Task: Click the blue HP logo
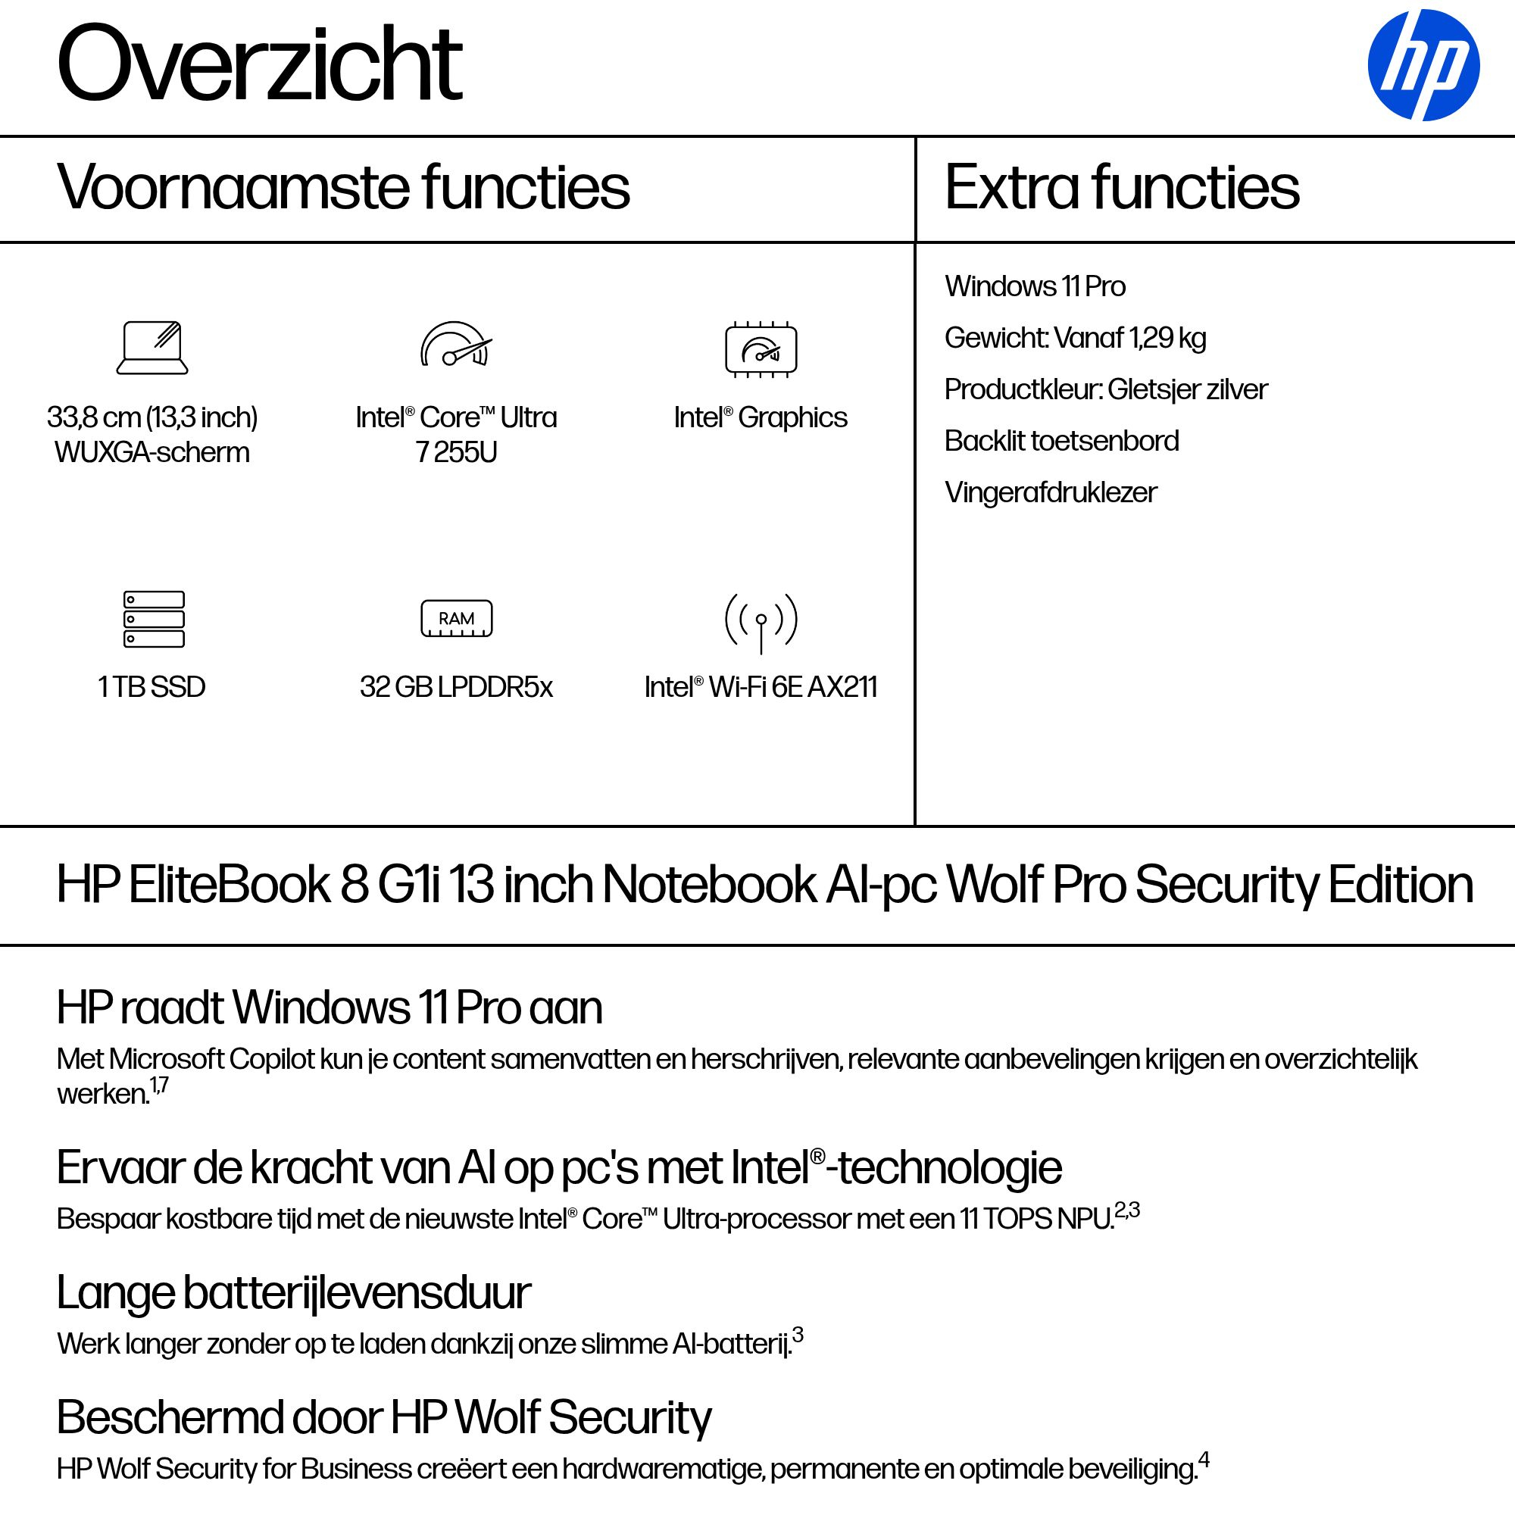click(x=1423, y=65)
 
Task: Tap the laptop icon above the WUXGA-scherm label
click(x=152, y=348)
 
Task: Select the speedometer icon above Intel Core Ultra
click(x=455, y=345)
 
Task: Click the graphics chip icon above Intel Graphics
click(x=761, y=349)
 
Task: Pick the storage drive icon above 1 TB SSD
click(x=154, y=619)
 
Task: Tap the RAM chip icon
click(x=456, y=619)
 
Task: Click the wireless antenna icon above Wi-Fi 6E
click(x=761, y=622)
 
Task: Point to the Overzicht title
click(x=260, y=64)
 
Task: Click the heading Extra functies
click(x=1121, y=188)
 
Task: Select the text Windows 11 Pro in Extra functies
click(x=1034, y=287)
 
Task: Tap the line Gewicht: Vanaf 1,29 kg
click(x=1074, y=339)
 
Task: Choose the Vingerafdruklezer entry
click(x=1050, y=493)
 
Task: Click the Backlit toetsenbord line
click(x=1061, y=442)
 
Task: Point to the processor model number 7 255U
click(x=456, y=453)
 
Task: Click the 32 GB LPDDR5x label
click(x=456, y=688)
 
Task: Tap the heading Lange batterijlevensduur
click(x=294, y=1293)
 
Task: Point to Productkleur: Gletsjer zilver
click(x=1106, y=389)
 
